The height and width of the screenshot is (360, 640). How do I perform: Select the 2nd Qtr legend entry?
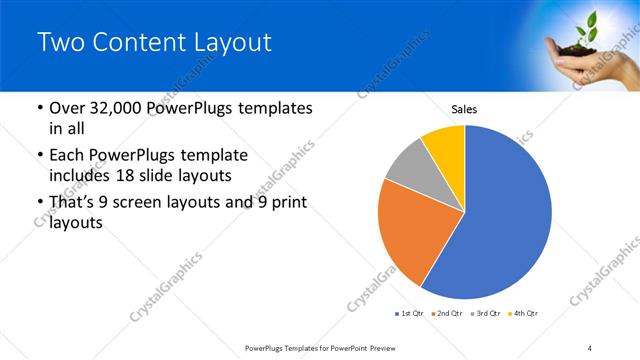tap(445, 314)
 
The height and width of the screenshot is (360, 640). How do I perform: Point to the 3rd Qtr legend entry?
tap(485, 314)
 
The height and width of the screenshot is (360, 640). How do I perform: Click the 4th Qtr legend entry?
tap(523, 314)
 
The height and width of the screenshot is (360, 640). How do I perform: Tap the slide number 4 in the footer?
tap(591, 347)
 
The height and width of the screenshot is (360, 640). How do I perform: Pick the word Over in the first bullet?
tap(69, 108)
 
